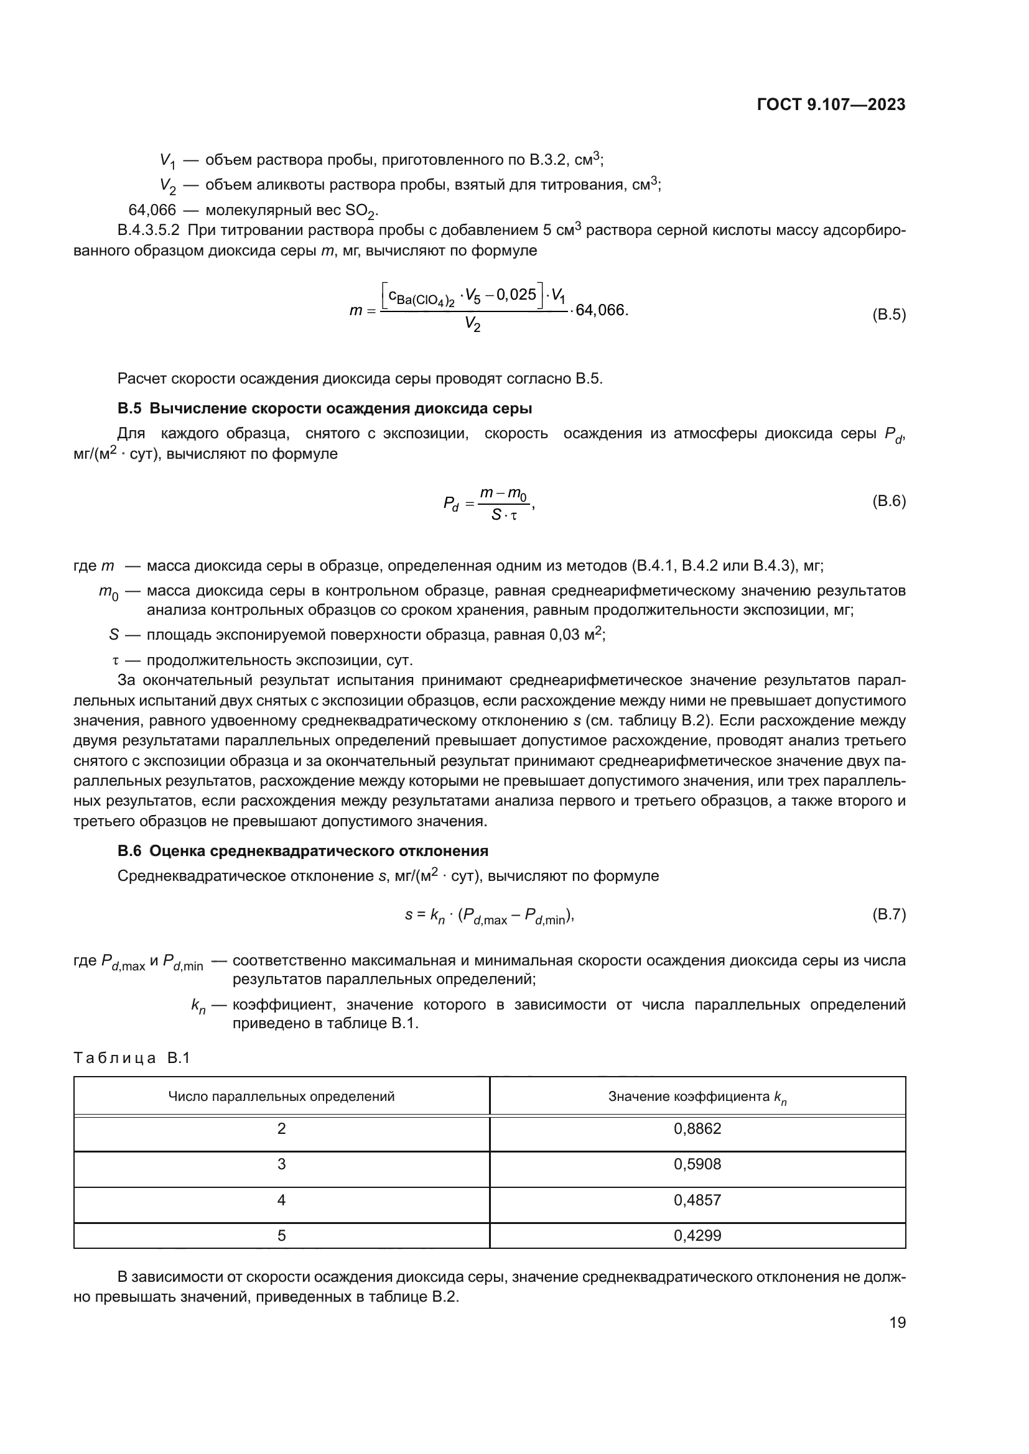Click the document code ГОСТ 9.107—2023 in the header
click(831, 105)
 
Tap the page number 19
click(897, 1322)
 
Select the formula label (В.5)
click(889, 315)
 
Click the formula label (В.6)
click(889, 502)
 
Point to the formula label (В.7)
click(889, 914)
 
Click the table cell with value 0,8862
click(697, 1129)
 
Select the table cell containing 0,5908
click(697, 1164)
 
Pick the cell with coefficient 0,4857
click(697, 1200)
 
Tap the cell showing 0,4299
click(697, 1236)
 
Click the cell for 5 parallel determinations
click(281, 1236)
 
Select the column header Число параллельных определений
click(281, 1096)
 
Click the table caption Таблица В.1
click(132, 1058)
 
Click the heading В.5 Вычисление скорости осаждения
click(324, 408)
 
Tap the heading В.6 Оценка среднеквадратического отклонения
click(303, 850)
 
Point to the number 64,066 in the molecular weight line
click(152, 209)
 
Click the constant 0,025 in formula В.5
click(516, 295)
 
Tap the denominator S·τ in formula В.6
click(505, 515)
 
